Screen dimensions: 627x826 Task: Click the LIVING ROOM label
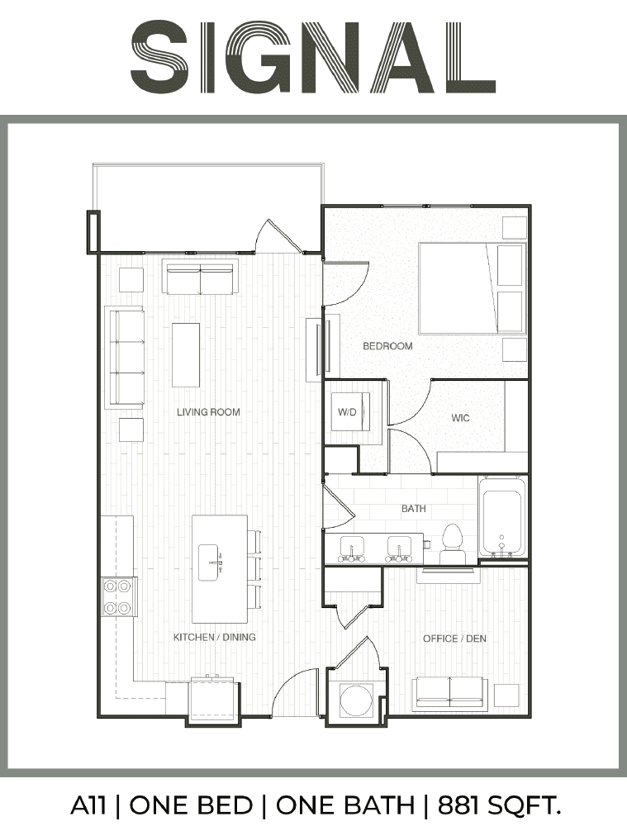(x=208, y=412)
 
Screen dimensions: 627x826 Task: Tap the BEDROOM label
(x=387, y=346)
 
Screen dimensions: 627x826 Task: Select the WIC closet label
(x=460, y=418)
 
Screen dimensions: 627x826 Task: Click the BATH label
(x=414, y=508)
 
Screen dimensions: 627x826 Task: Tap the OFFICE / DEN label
(x=454, y=638)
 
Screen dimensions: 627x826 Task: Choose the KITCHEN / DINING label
(x=215, y=637)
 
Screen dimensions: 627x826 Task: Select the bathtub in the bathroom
(x=502, y=517)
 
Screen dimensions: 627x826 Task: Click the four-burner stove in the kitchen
(x=118, y=597)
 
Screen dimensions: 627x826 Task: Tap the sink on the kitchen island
(x=211, y=563)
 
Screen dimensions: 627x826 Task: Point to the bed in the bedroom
(x=473, y=288)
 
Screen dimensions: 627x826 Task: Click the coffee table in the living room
(x=186, y=354)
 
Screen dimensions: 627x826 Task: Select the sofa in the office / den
(x=449, y=692)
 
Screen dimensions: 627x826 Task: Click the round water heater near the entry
(x=356, y=700)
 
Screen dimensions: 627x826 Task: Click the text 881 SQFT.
(x=498, y=805)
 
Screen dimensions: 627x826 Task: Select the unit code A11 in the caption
(x=88, y=805)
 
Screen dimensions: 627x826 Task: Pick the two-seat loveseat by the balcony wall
(x=200, y=278)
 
